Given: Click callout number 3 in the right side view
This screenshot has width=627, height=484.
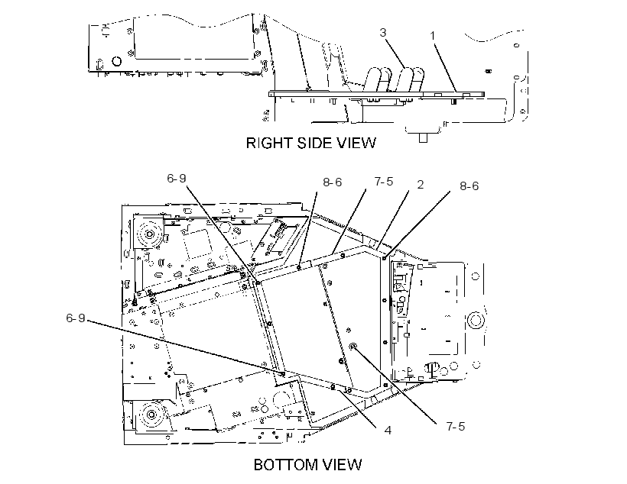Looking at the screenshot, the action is point(382,32).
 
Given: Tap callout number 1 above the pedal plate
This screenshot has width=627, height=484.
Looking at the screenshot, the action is point(432,36).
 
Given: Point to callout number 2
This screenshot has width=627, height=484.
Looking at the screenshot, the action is point(421,185).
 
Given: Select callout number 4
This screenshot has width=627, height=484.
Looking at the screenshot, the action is point(388,431).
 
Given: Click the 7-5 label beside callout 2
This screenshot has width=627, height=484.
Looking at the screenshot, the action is point(384,182).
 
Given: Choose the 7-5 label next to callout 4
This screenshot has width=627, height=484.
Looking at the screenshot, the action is point(456,427).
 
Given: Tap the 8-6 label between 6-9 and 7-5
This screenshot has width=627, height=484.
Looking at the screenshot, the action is point(333,182).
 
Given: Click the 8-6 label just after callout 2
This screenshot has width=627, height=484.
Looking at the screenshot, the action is point(469,186).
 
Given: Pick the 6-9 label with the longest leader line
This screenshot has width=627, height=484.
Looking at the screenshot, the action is point(76,318).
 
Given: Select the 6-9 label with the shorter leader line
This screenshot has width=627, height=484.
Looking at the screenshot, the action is point(177,179).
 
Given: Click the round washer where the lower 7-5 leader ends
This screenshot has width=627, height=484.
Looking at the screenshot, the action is point(352,347).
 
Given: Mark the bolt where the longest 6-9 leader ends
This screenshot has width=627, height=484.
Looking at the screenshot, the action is point(283,374).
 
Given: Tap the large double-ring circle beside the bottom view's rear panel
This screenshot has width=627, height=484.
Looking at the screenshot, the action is point(476,321).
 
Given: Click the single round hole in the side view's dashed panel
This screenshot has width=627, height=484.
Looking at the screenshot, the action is point(117,61).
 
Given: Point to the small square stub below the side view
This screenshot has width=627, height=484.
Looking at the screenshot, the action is point(423,138).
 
